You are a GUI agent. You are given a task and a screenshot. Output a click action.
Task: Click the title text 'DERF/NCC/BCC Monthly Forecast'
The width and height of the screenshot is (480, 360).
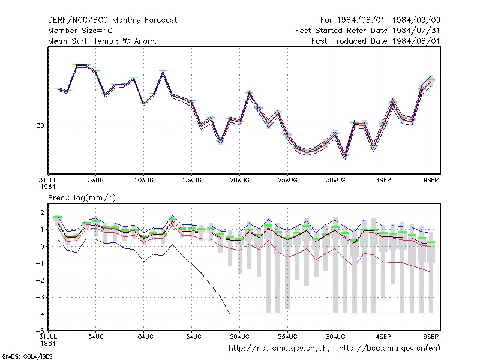[x=112, y=20]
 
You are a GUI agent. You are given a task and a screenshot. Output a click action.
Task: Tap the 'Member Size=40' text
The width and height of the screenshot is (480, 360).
[x=80, y=31]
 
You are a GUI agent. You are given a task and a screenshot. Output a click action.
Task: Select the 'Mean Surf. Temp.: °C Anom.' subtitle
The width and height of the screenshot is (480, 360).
[x=102, y=41]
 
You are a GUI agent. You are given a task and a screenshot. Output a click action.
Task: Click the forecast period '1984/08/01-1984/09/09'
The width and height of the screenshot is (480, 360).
[x=388, y=20]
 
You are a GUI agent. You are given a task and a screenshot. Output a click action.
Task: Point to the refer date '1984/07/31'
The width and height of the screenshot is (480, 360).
[x=416, y=31]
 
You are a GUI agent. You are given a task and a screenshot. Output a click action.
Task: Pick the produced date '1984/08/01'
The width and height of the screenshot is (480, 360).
[x=416, y=41]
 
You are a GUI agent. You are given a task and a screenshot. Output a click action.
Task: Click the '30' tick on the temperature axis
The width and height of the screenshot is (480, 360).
[x=40, y=125]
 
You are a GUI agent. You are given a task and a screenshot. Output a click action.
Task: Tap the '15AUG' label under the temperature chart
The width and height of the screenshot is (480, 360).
[x=191, y=181]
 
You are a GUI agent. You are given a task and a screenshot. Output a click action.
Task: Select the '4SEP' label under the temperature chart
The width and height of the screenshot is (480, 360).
[x=383, y=181]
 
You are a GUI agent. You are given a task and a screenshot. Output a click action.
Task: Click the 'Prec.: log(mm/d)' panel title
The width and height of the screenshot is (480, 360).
[x=82, y=198]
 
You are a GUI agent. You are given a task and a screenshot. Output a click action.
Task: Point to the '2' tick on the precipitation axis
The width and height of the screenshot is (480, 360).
[x=42, y=212]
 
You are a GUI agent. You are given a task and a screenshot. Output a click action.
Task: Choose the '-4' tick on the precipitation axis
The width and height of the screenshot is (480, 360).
[x=40, y=314]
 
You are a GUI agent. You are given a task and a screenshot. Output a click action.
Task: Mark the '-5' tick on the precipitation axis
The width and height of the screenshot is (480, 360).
[x=40, y=331]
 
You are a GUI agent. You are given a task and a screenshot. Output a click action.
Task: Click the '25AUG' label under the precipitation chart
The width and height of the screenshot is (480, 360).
[x=287, y=337]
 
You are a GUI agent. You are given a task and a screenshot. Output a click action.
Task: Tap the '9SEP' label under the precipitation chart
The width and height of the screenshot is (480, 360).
[x=431, y=337]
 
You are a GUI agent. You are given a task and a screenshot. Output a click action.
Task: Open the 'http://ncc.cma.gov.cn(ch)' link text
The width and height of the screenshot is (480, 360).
[x=279, y=349]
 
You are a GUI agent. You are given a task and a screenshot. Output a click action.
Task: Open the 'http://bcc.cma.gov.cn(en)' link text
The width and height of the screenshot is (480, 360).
[x=389, y=349]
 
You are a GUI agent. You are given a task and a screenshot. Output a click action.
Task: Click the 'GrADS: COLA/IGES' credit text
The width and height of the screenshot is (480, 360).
[x=27, y=356]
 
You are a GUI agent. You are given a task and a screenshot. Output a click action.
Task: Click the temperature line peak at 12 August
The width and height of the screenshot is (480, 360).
[x=163, y=72]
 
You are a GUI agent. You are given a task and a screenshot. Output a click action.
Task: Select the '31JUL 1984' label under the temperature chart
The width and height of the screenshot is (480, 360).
[x=48, y=183]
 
